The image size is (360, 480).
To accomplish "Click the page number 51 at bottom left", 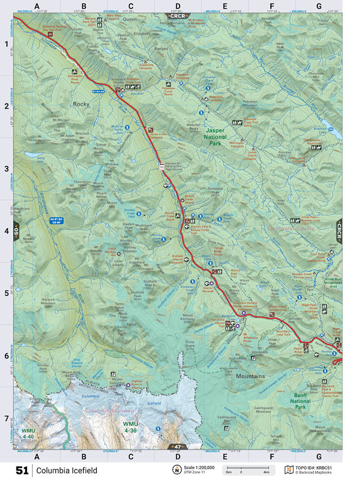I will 22,470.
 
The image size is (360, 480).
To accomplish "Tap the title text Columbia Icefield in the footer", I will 67,470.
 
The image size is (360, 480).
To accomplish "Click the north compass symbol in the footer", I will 176,469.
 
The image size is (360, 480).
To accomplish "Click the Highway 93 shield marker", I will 161,167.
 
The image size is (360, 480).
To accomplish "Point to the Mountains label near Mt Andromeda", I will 250,376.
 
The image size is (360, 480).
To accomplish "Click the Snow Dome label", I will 190,344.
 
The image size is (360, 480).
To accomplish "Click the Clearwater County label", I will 291,229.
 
